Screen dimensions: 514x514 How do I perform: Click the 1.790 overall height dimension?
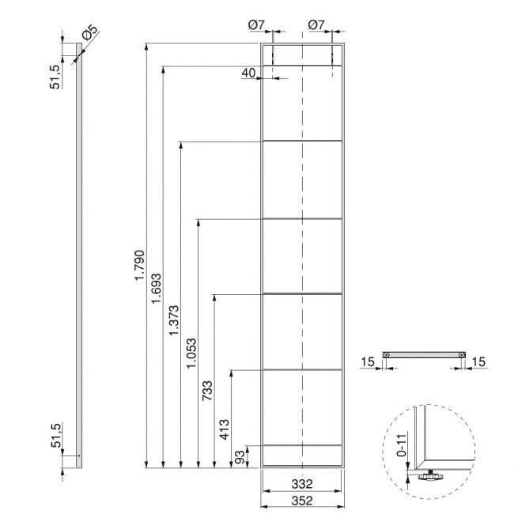pos(140,265)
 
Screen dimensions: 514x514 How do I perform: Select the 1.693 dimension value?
pos(156,288)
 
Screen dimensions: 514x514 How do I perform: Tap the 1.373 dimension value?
pos(174,320)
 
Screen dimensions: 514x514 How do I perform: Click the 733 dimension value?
pos(207,391)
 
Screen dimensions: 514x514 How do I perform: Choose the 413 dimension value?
pos(225,429)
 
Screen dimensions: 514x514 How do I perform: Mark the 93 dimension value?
pos(240,457)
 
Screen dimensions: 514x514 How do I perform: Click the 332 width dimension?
pos(302,484)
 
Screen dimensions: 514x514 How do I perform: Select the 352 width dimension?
pos(302,501)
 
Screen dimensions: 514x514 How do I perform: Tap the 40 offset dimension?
pos(248,73)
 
